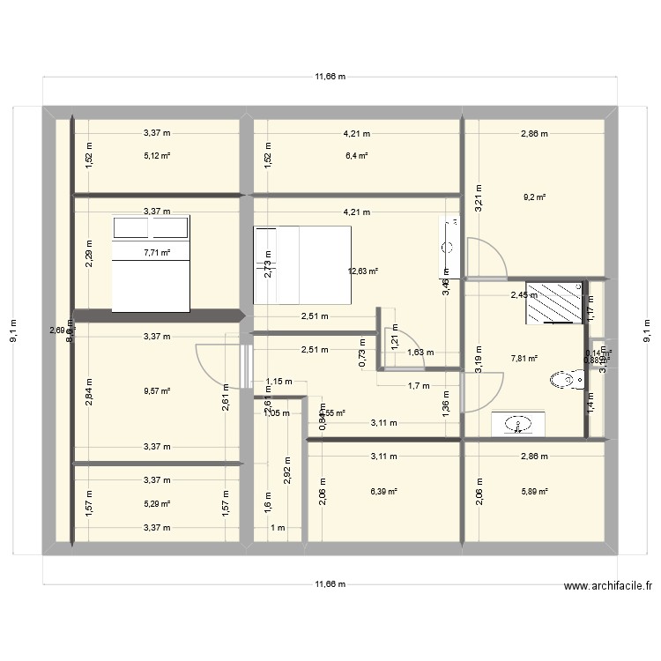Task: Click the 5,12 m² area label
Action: (157, 156)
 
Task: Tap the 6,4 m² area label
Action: (357, 156)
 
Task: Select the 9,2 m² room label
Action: (534, 197)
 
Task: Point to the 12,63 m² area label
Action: (363, 271)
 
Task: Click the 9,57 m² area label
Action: (157, 391)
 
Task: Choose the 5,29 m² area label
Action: (157, 504)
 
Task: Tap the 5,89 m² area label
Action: (534, 492)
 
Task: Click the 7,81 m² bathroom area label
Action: (524, 359)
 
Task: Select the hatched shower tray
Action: (554, 302)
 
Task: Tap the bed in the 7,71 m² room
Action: (151, 264)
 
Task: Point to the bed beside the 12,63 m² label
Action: (301, 264)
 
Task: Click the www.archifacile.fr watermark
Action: (608, 585)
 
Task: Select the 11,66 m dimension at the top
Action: (330, 77)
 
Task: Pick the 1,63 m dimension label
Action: (420, 353)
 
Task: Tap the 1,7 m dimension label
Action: (419, 385)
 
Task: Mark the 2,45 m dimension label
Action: (524, 295)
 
